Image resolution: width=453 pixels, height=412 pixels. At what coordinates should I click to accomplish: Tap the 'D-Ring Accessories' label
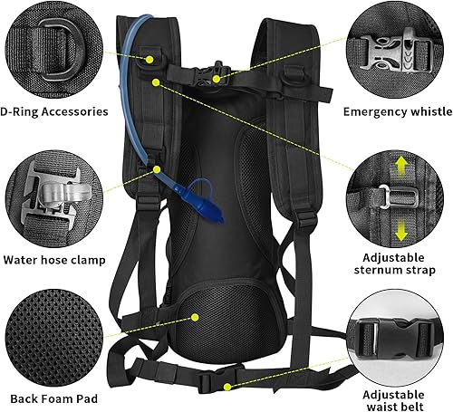tap(55, 112)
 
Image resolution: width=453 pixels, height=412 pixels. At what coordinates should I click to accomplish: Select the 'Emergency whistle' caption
tap(397, 112)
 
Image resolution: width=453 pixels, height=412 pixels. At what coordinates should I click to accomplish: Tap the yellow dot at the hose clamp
tap(157, 168)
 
